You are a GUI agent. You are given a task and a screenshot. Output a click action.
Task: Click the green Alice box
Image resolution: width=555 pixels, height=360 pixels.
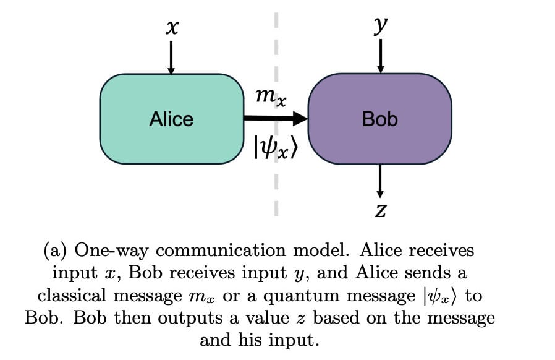(x=171, y=119)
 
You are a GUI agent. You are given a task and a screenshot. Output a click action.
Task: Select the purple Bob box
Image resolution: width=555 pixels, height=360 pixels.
(x=379, y=119)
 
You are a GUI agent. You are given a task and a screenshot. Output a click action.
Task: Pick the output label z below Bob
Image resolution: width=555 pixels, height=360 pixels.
(x=381, y=212)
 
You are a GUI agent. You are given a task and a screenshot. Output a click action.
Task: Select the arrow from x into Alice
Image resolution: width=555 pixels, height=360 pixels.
(x=171, y=58)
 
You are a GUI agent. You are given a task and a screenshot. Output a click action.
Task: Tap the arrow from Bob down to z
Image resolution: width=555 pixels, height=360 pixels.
(x=380, y=181)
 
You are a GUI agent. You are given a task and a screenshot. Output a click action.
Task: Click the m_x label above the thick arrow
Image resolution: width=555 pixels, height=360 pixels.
(x=271, y=96)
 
